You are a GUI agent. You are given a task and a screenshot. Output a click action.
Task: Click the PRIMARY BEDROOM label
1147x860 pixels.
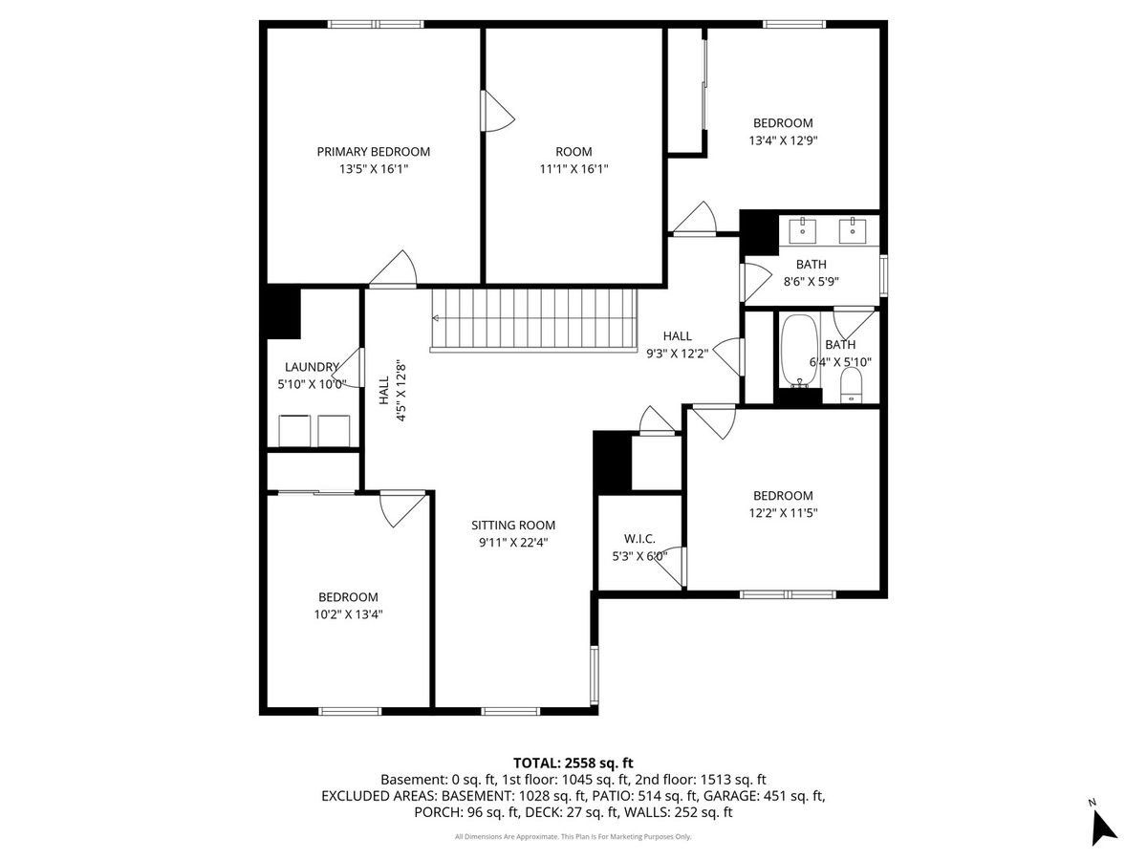tap(373, 151)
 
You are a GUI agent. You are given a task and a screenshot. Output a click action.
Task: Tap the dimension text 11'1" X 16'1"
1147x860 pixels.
tap(573, 169)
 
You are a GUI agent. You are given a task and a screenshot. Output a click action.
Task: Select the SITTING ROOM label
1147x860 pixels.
tap(513, 525)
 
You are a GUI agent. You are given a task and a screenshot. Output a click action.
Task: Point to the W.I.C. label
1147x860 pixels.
tap(639, 538)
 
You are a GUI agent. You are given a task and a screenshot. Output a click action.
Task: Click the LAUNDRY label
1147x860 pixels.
tap(312, 367)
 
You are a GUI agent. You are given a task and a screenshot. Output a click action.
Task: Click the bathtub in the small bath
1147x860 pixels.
tap(799, 351)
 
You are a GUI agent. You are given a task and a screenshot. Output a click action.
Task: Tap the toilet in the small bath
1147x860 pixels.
tap(852, 384)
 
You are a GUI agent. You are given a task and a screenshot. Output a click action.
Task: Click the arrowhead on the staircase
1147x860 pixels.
tap(435, 318)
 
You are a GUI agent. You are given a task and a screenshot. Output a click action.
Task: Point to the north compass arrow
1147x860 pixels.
tap(1104, 829)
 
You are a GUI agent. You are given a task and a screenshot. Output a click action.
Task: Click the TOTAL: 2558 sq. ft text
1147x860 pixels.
tap(573, 763)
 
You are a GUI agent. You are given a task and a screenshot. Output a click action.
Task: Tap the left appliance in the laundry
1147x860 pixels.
tap(294, 431)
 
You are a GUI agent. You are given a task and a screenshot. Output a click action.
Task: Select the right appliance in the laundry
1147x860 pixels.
tap(334, 431)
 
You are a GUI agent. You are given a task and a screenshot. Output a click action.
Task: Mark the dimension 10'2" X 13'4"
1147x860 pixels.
tap(348, 614)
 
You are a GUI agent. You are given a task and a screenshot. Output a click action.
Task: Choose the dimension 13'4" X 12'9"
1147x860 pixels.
tap(783, 140)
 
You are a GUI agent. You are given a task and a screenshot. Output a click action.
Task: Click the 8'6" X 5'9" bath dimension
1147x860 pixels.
tap(811, 282)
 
